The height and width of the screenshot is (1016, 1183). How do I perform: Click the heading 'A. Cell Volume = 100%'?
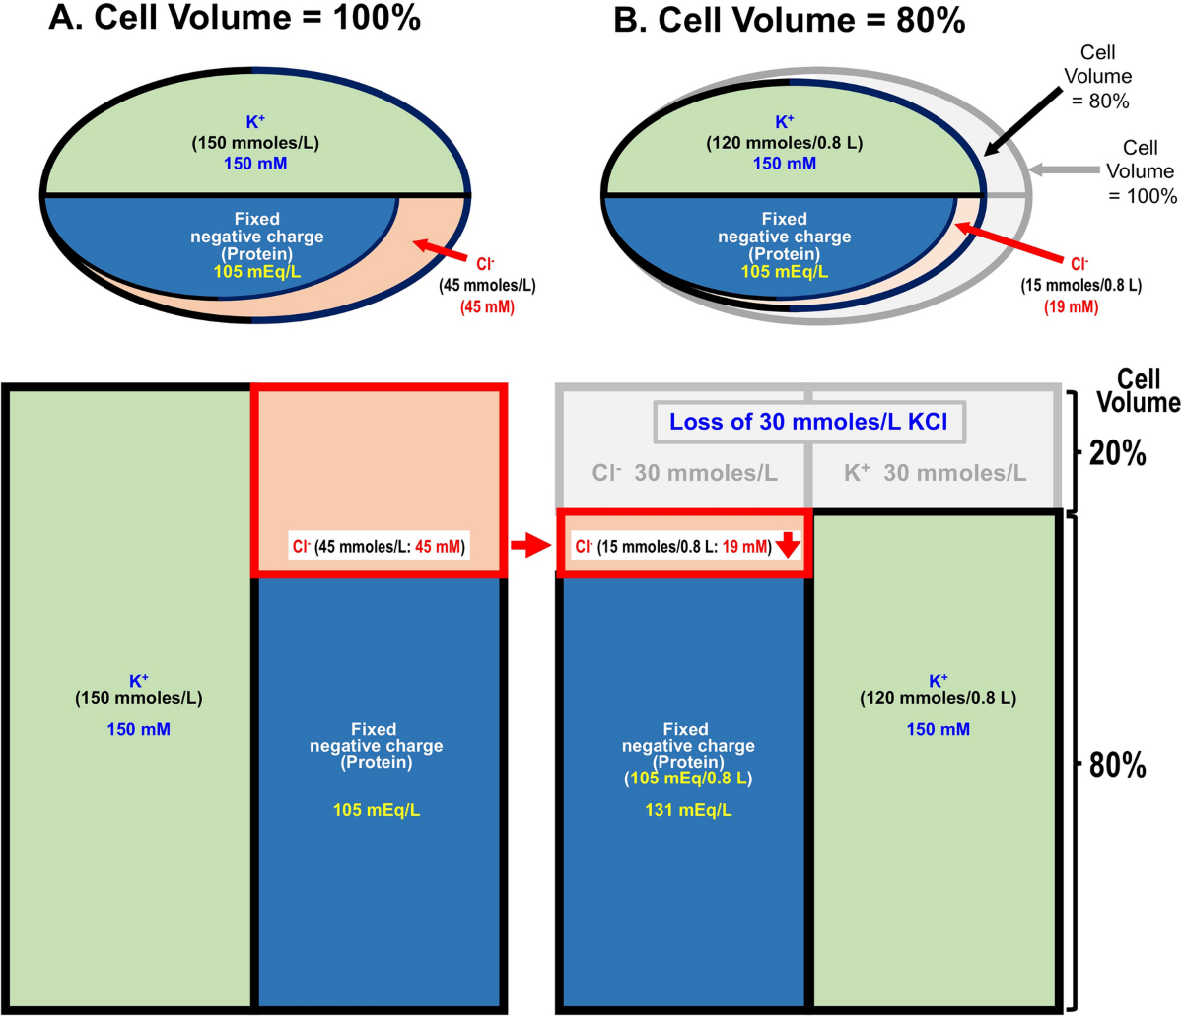(235, 18)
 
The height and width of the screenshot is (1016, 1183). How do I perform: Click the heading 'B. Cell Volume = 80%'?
(790, 21)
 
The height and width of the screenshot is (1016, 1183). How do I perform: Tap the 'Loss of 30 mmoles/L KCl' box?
(809, 422)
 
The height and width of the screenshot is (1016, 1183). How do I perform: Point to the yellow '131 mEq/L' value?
(688, 809)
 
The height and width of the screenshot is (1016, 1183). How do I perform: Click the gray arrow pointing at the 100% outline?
(1064, 169)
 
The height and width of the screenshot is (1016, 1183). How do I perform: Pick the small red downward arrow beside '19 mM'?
(788, 544)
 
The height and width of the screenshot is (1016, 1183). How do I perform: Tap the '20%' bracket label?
(1117, 453)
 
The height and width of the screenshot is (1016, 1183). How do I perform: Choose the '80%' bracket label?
(1117, 765)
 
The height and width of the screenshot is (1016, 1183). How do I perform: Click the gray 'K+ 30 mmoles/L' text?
(935, 473)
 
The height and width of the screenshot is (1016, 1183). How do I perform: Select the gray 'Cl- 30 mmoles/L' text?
(684, 473)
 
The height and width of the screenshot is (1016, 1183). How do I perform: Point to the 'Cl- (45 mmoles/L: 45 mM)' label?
(379, 546)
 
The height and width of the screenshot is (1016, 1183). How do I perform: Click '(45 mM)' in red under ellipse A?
(487, 307)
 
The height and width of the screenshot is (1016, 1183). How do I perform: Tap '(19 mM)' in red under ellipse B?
(1071, 307)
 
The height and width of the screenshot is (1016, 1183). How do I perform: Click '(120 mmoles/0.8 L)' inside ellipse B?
(784, 143)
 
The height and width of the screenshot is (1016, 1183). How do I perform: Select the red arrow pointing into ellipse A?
(440, 250)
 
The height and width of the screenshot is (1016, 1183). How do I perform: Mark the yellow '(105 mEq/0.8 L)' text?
(688, 779)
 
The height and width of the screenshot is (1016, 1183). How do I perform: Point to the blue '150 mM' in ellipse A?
(255, 164)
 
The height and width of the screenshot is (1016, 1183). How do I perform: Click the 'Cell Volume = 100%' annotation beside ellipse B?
(1140, 171)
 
